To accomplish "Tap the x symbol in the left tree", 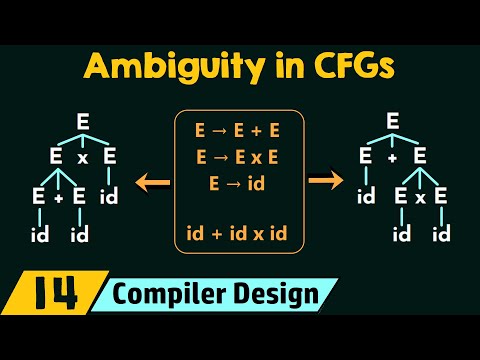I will (x=84, y=157).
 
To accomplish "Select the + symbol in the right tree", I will (x=392, y=157).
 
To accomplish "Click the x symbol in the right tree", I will (x=420, y=199).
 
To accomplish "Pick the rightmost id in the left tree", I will (x=110, y=197).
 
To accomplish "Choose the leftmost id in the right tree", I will (x=366, y=197).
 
